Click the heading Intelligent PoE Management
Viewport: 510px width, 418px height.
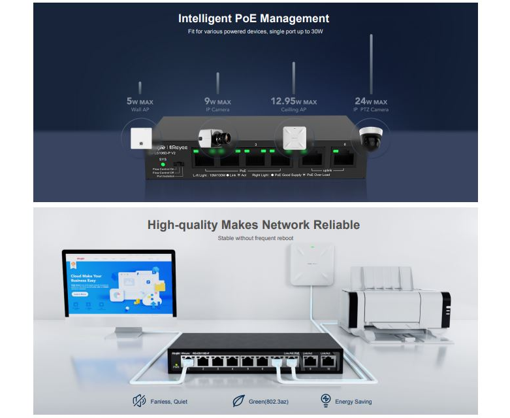[x=253, y=18]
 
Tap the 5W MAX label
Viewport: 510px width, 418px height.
[x=140, y=102]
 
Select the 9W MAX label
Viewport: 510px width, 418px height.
[x=217, y=102]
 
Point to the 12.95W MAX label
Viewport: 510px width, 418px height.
[x=293, y=101]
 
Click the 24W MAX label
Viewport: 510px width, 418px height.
[x=370, y=101]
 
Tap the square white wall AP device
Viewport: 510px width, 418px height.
[x=140, y=138]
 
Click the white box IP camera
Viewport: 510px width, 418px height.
[x=215, y=138]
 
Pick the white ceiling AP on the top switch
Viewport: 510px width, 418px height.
[x=293, y=137]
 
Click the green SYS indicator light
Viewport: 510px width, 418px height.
[x=155, y=164]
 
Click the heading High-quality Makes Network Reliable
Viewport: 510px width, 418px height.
[x=253, y=225]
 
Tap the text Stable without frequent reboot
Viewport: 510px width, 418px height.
[x=255, y=239]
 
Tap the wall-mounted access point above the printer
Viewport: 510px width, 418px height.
[x=313, y=264]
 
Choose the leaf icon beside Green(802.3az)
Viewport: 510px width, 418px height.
[x=238, y=401]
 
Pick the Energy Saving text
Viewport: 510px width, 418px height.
[x=353, y=401]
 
